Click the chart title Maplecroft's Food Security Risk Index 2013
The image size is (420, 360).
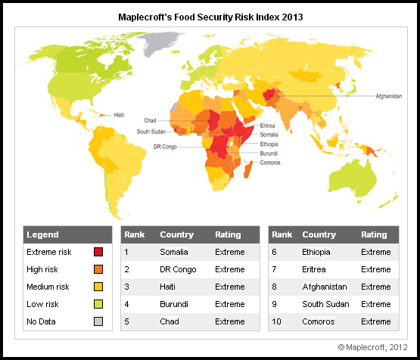tap(210, 15)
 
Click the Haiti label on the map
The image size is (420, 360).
tap(118, 115)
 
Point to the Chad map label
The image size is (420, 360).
tap(150, 120)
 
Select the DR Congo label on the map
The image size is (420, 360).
tap(165, 146)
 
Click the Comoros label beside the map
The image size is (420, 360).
tap(271, 163)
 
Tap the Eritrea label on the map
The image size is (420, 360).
tap(267, 126)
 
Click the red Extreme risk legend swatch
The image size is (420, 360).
tap(98, 252)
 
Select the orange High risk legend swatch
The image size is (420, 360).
tap(98, 269)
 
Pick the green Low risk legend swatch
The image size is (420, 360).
tap(98, 304)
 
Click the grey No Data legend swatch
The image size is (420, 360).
tap(98, 321)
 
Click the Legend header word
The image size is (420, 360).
tap(43, 234)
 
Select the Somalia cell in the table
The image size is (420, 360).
tap(173, 252)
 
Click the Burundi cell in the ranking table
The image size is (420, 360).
tap(173, 304)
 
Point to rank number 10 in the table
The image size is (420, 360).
tap(277, 321)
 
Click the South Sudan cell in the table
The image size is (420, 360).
tap(324, 304)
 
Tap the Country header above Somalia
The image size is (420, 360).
tap(176, 234)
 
